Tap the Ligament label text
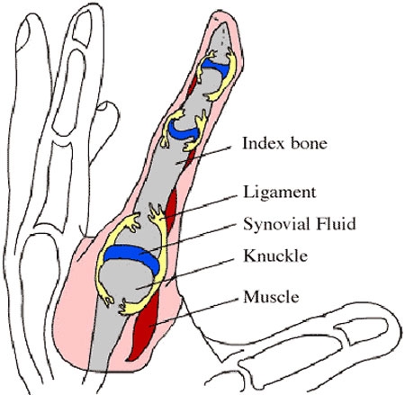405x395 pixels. [280, 193]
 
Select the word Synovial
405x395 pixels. [276, 224]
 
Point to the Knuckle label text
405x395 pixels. [275, 256]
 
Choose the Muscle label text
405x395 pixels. [271, 297]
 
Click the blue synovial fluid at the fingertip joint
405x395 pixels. [215, 67]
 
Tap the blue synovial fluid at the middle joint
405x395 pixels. [183, 131]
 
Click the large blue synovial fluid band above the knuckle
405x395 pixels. [132, 256]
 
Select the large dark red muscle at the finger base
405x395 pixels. [144, 326]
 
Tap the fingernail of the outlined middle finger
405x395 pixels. [83, 29]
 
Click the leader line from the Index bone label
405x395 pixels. [203, 155]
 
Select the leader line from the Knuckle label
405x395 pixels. [184, 274]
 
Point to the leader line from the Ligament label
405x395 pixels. [200, 208]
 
